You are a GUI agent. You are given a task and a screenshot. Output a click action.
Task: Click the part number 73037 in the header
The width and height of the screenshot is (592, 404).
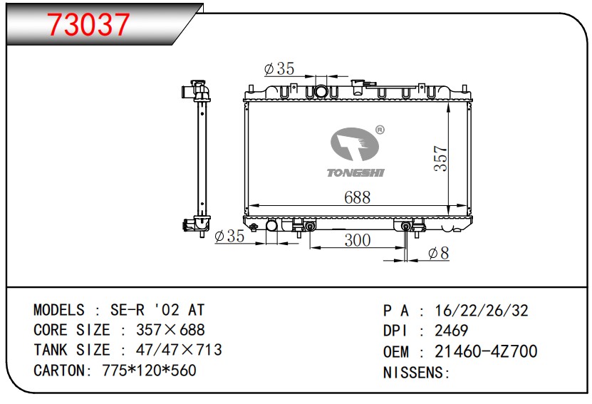point(89,25)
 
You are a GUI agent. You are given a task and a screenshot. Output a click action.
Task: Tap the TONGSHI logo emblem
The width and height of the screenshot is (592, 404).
point(354,146)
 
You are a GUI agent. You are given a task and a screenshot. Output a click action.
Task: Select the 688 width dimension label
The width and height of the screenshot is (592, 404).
point(357,198)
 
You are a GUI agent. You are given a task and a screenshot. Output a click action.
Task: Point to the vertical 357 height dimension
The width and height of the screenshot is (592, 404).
point(440,158)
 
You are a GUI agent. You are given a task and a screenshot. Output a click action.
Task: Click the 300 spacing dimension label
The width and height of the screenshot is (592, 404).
point(357,240)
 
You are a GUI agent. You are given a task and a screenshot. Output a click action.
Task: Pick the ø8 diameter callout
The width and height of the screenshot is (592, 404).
point(439,253)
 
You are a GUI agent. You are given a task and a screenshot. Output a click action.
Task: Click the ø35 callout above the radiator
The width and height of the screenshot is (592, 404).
point(279,68)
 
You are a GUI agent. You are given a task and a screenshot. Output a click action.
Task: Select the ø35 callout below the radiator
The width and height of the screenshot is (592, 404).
point(229,236)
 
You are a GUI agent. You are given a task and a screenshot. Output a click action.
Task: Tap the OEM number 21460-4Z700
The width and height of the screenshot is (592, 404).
point(486,351)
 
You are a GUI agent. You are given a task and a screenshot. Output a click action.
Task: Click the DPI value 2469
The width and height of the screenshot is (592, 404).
point(452,331)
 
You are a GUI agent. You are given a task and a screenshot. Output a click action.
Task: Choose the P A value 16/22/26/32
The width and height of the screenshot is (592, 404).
point(482,311)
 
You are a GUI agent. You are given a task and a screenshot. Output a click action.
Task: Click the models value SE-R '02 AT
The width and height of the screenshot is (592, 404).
point(157,310)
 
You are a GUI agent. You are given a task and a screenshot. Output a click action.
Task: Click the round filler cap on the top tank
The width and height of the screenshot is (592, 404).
point(321,91)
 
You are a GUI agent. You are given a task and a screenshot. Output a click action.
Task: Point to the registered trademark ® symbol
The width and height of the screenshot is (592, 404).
point(380,130)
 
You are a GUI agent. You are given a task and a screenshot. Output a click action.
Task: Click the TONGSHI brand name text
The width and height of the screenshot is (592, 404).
point(354,172)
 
